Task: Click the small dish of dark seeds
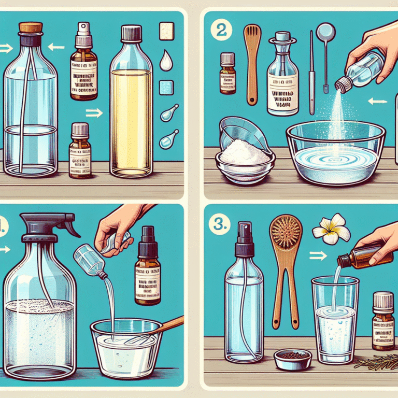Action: point(292,358)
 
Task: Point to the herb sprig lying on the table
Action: point(376,361)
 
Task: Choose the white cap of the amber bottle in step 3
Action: point(383,300)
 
